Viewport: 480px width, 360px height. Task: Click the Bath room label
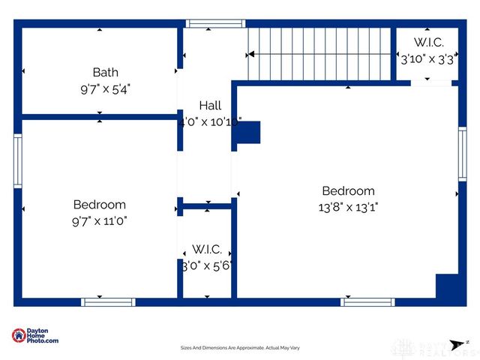tap(105, 72)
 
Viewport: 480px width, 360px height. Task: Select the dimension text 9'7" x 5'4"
tap(105, 88)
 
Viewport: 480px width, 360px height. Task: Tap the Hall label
tap(210, 106)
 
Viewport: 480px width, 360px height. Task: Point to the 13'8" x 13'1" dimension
tap(348, 207)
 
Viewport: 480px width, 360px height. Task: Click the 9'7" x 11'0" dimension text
tap(99, 220)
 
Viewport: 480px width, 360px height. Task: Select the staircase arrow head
tap(251, 55)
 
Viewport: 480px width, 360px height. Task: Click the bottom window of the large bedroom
tap(367, 302)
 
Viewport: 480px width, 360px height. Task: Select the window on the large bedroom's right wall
tap(462, 154)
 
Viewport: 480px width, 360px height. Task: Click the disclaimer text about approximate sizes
tap(239, 348)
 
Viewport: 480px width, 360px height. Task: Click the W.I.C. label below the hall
tap(206, 248)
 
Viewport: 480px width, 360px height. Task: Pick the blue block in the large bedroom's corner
tap(447, 286)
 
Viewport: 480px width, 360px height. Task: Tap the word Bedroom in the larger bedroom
tap(348, 191)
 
